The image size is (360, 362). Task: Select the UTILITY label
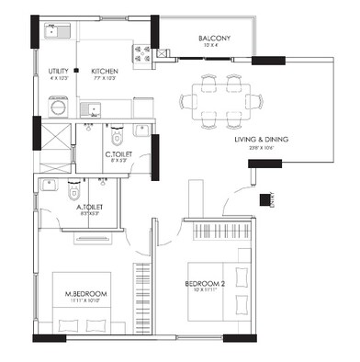[57, 70]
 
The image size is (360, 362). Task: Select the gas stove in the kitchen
[144, 51]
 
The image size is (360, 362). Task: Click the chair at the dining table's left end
[184, 96]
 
